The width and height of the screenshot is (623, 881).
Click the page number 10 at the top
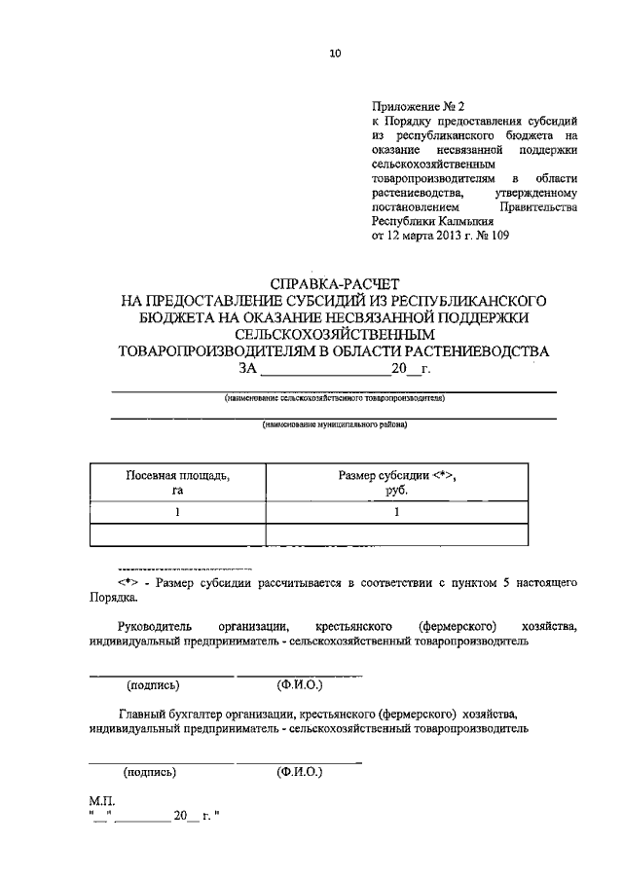coord(335,55)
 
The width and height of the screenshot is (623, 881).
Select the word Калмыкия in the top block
coord(462,221)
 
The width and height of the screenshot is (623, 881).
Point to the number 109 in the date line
coord(497,236)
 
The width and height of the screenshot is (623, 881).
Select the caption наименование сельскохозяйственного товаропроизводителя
coord(334,398)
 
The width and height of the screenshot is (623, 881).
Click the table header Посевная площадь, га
coord(177,483)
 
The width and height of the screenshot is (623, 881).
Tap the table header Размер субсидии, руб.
coord(397,483)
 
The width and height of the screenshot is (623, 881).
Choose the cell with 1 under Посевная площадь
coord(177,513)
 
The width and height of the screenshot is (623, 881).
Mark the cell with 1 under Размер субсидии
coord(397,513)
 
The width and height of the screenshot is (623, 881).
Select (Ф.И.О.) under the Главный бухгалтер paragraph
coord(299,772)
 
